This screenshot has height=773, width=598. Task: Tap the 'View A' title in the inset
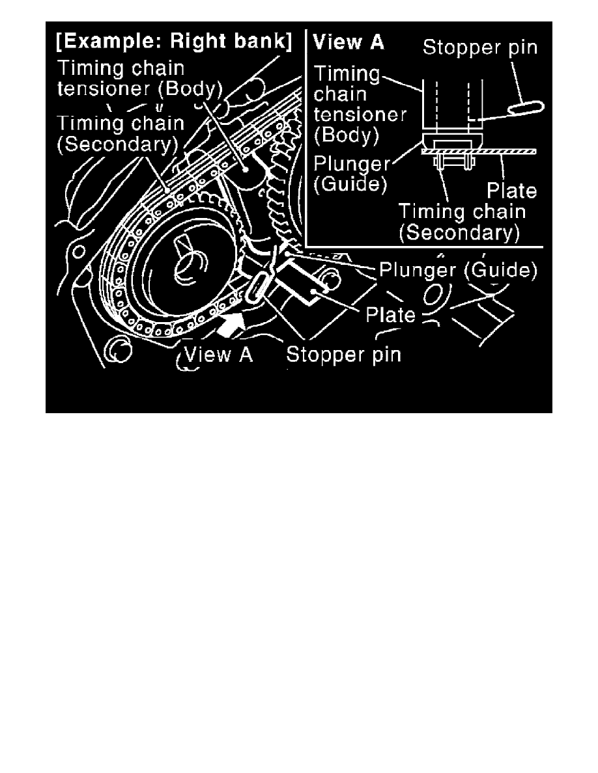point(349,44)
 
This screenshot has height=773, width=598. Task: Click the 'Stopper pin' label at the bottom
point(343,355)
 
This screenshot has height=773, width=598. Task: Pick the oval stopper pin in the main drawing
point(256,286)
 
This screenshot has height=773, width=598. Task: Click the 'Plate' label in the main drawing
point(390,314)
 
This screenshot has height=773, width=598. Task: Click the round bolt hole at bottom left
point(117,351)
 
